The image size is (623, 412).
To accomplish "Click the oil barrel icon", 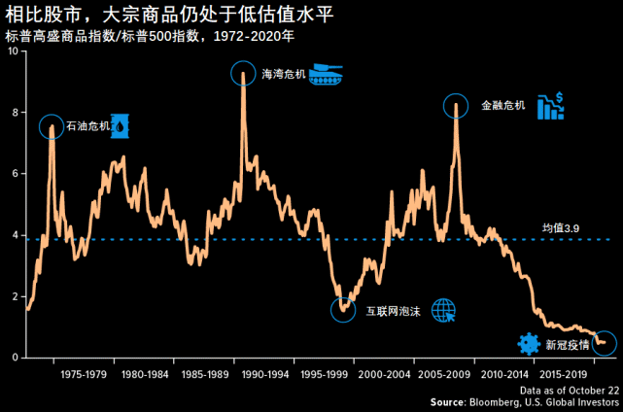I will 121,125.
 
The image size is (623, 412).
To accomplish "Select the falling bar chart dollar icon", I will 552,105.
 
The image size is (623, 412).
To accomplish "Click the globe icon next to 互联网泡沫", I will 443,310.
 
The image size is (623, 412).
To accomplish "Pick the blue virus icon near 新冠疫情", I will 529,343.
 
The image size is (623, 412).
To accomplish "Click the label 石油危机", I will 87,126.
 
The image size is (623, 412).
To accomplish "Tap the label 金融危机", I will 502,105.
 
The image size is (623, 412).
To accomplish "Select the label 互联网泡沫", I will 395,311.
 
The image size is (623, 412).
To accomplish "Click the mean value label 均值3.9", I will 561,228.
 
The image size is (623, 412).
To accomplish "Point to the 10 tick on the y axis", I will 13,51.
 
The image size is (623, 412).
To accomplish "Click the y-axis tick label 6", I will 15,174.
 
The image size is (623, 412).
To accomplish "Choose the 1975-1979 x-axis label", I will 84,373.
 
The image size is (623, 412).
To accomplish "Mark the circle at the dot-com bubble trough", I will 343,309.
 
